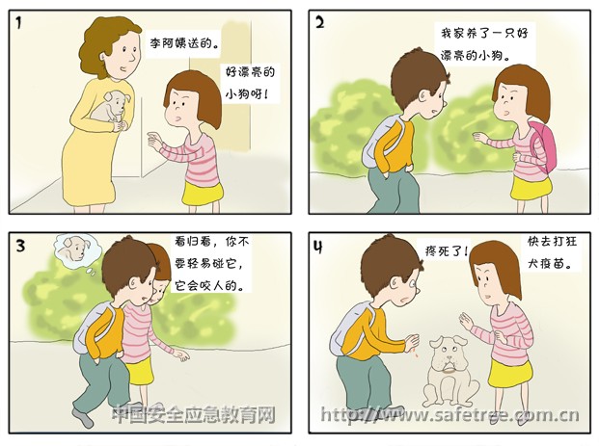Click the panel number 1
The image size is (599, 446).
[x=19, y=23]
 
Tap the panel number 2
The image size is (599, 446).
[x=319, y=23]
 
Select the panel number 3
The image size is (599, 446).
[x=20, y=245]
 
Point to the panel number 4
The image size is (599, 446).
[x=318, y=247]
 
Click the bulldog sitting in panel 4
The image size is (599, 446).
[x=449, y=371]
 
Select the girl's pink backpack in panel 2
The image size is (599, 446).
[x=543, y=146]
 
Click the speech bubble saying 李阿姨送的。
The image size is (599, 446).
[x=183, y=44]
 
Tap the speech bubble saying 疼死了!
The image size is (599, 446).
[x=446, y=251]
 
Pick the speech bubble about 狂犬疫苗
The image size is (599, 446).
[x=552, y=252]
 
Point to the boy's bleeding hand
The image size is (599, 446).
[x=413, y=343]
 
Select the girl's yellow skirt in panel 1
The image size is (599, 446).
[x=203, y=193]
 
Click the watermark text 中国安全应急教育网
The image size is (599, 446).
[x=194, y=414]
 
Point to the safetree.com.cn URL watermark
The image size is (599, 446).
[x=449, y=415]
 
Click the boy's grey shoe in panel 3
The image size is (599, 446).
[x=83, y=418]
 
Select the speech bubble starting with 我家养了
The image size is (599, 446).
[x=485, y=44]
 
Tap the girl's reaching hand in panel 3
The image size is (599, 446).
[x=181, y=355]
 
